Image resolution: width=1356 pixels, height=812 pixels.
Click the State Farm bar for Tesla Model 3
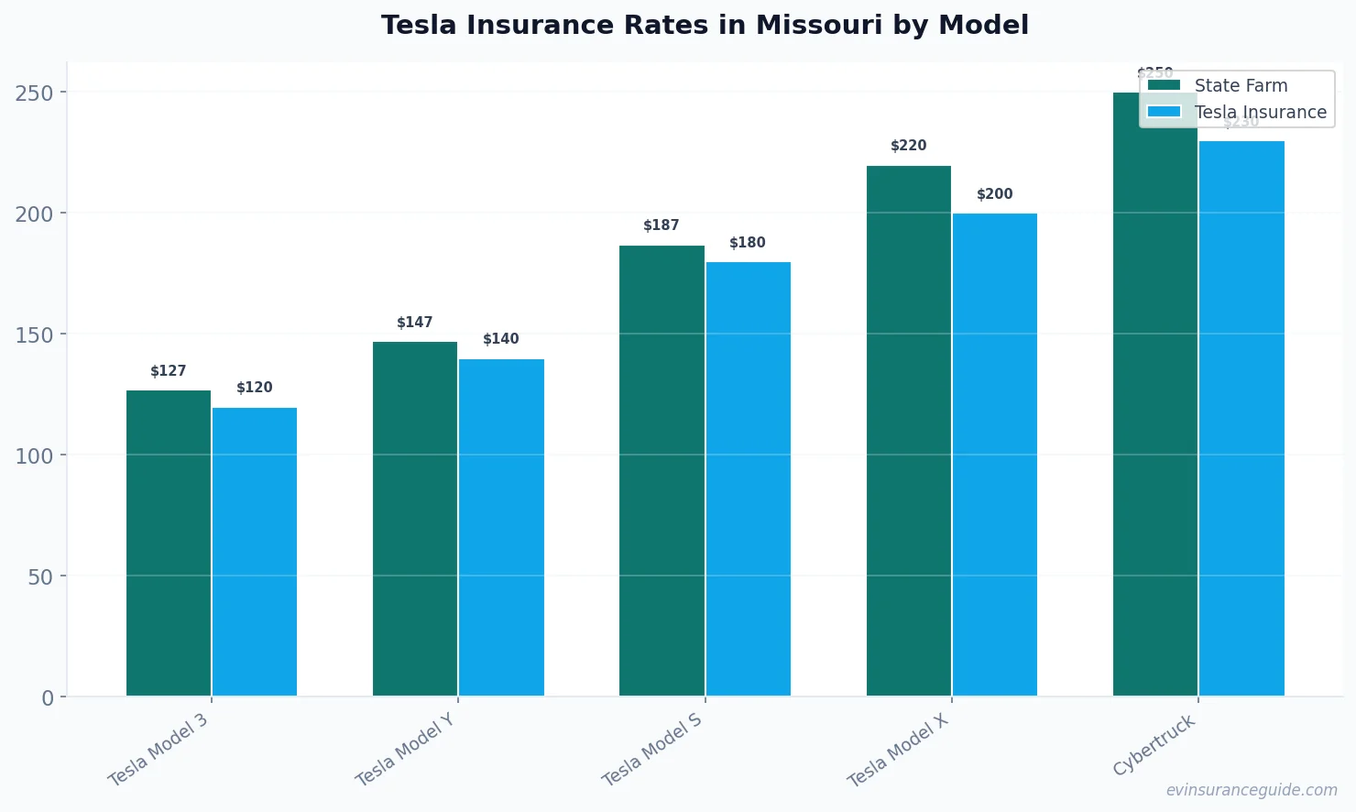[169, 543]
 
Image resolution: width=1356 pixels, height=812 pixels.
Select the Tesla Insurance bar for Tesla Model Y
[501, 527]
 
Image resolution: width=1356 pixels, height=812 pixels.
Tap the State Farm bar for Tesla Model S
[662, 470]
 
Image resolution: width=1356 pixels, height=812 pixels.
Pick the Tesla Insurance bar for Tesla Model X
[995, 455]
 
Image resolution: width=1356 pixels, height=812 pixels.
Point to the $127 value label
[169, 371]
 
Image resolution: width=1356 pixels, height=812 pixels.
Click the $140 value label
[501, 339]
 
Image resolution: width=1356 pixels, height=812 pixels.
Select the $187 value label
[662, 225]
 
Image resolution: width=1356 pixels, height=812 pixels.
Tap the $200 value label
[995, 194]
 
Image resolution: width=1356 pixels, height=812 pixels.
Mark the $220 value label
[909, 146]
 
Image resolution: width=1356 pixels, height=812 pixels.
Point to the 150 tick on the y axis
[34, 335]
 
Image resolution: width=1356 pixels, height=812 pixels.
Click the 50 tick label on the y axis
[40, 577]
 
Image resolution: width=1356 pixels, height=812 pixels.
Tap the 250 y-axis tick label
[34, 93]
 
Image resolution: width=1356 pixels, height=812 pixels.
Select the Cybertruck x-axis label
[1154, 745]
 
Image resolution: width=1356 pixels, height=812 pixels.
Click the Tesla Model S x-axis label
[652, 750]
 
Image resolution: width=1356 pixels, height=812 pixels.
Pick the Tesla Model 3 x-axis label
[159, 750]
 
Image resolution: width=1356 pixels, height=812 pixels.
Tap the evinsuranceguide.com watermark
[1252, 790]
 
